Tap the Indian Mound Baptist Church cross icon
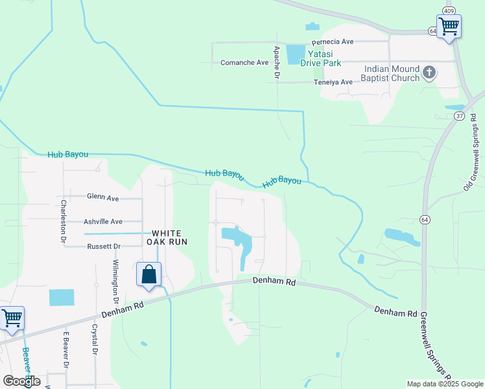pos(429,73)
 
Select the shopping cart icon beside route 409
pos(449,27)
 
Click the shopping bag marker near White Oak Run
pos(149,274)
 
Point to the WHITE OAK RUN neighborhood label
pos(170,237)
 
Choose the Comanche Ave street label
pos(244,62)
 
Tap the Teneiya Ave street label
pos(333,82)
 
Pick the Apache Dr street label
pos(276,62)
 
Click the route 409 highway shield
pos(448,10)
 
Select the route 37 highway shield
pos(459,115)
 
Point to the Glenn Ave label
pos(103,197)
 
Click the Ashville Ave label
pos(103,221)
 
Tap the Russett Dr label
pos(104,246)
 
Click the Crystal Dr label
pos(95,340)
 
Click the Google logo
pos(21,381)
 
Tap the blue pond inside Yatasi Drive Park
pos(295,54)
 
